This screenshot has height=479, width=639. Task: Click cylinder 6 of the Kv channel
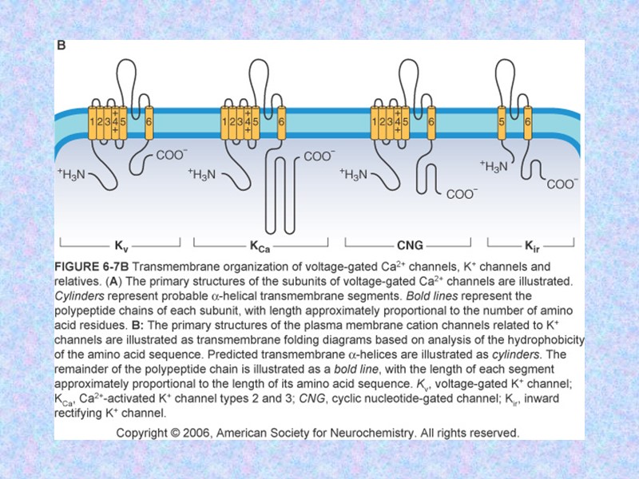(x=148, y=122)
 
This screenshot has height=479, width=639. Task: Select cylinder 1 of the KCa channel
(x=225, y=122)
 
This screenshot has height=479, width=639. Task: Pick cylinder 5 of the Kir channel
(x=502, y=122)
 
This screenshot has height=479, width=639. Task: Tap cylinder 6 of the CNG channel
(x=431, y=122)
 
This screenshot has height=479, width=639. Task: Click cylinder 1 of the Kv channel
(x=93, y=122)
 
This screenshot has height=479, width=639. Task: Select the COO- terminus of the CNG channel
(x=462, y=193)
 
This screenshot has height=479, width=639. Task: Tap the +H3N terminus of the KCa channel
(x=202, y=175)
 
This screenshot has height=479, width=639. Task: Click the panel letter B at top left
(x=61, y=46)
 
